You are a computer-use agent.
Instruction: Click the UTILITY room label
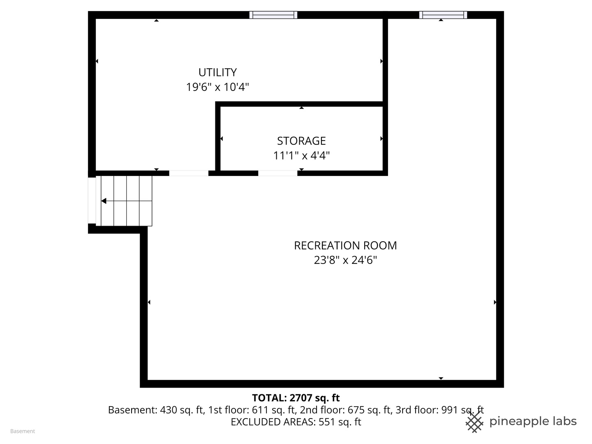(217, 72)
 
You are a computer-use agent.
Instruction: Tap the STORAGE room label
(301, 141)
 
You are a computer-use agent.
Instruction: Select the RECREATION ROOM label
(345, 245)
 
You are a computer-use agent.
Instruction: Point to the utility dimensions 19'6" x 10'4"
(217, 87)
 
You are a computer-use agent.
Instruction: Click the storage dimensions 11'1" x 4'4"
(301, 155)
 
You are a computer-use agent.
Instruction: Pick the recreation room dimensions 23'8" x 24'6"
(345, 260)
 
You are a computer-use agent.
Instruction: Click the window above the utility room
(273, 15)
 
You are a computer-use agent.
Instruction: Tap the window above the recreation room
(443, 15)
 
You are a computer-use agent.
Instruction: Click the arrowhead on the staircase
(104, 201)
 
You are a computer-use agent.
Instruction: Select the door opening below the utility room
(189, 173)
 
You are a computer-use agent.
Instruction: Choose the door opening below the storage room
(278, 173)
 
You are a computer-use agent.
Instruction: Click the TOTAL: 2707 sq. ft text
(296, 398)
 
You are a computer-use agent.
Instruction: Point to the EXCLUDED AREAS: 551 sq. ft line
(296, 422)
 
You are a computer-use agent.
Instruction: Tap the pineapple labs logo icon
(474, 422)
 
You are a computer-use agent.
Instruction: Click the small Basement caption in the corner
(23, 431)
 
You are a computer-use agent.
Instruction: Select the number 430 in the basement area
(169, 410)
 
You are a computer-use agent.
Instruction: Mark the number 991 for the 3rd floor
(450, 410)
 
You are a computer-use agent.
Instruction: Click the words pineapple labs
(533, 422)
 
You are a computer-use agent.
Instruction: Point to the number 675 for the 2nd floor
(356, 410)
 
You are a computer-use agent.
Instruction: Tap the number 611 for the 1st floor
(261, 410)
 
